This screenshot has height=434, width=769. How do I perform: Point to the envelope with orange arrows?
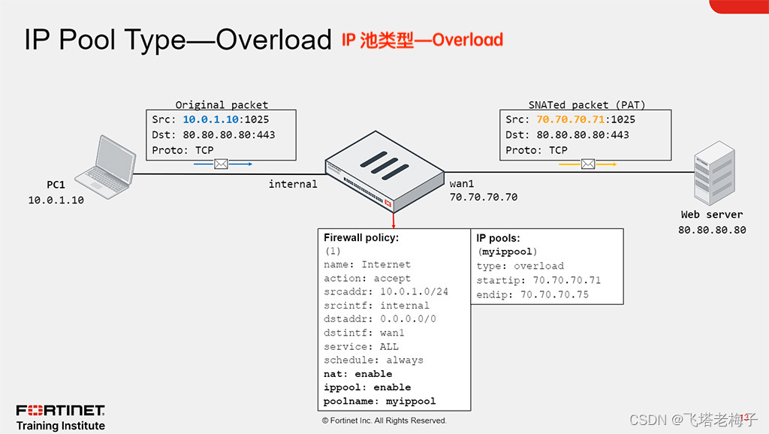point(589,163)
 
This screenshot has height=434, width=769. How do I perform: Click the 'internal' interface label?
point(293,184)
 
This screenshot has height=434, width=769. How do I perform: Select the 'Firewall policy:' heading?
point(360,237)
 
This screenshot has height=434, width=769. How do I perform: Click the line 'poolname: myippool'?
point(379,401)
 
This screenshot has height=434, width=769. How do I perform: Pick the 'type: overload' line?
point(520,266)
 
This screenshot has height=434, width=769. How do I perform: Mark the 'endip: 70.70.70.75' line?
point(532,295)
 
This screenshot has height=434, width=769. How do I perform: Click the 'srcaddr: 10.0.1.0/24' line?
point(385,291)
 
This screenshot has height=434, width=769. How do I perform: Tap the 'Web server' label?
point(712,215)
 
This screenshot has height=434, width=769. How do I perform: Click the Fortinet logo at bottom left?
point(61,411)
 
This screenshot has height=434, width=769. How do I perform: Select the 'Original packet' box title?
point(222,104)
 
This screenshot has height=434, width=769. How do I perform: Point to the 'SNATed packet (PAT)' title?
point(587,104)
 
